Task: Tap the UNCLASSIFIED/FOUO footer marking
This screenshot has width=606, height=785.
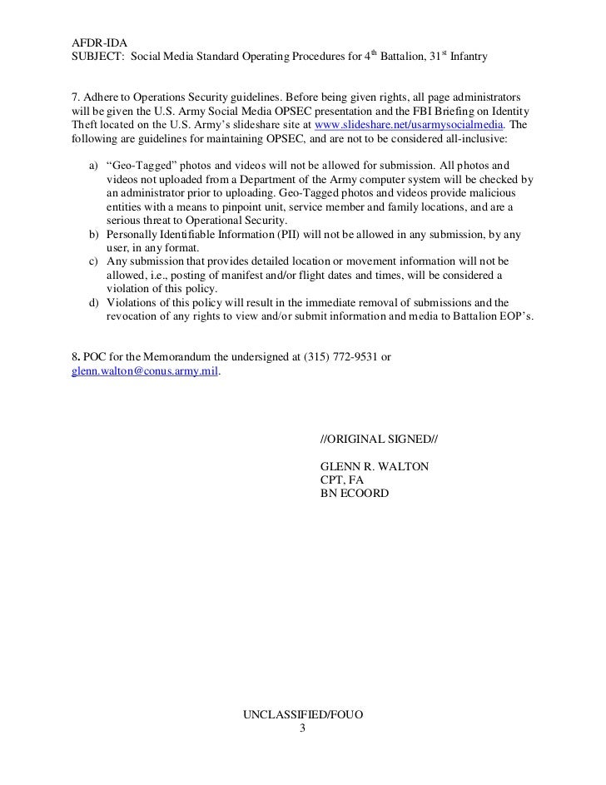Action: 302,715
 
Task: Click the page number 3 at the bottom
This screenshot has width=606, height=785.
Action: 302,728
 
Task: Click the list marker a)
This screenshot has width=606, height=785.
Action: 93,166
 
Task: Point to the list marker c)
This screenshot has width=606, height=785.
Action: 93,261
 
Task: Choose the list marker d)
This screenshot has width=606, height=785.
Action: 93,302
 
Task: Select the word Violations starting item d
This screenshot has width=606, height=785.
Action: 135,302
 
